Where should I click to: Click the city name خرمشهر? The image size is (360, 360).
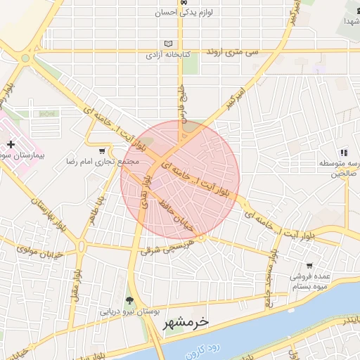pos(186,323)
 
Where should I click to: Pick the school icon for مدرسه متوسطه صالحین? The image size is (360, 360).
pos(344,153)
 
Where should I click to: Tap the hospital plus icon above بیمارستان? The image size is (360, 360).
pos(10,143)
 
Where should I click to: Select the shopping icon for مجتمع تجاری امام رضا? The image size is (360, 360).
pos(103,150)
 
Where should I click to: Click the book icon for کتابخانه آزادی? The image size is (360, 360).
pos(167,44)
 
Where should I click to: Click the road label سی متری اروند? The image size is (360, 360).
pos(233,53)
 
